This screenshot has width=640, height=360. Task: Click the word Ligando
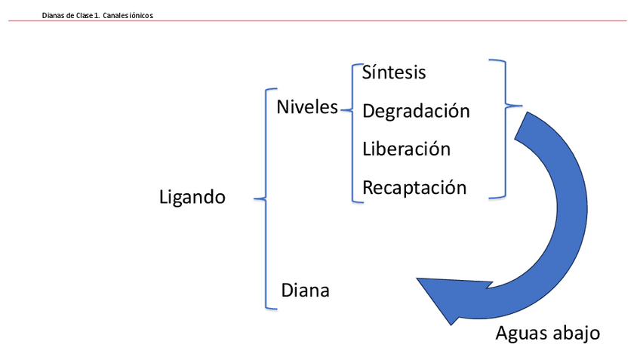click(x=192, y=198)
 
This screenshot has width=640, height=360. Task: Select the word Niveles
click(x=307, y=107)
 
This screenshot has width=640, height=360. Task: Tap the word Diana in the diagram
click(x=305, y=290)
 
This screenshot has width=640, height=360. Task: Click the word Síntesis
click(x=394, y=72)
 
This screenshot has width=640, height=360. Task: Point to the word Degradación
click(x=416, y=111)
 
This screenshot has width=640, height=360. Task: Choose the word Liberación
click(x=406, y=149)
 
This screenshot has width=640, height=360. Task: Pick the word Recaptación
click(x=414, y=187)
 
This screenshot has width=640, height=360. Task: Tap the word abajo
click(x=577, y=333)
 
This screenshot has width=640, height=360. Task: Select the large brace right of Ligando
click(x=265, y=199)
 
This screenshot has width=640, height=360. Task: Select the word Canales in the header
click(x=115, y=15)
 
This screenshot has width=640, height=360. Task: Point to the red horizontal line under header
click(x=317, y=21)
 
